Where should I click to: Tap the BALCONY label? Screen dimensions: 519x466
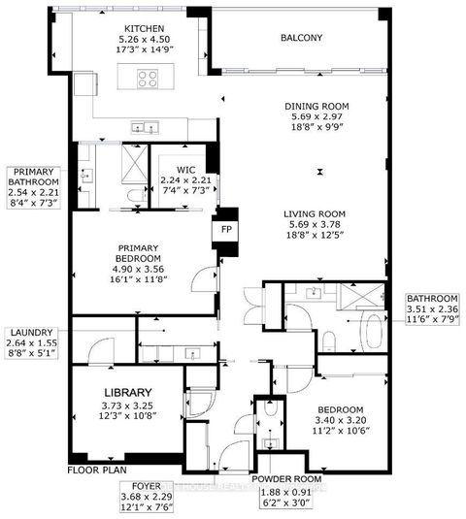tap(301, 39)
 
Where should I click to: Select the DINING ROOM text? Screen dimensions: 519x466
tap(316, 107)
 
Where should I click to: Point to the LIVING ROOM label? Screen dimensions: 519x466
tap(316, 215)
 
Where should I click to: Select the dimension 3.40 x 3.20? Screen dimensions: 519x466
tap(340, 422)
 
